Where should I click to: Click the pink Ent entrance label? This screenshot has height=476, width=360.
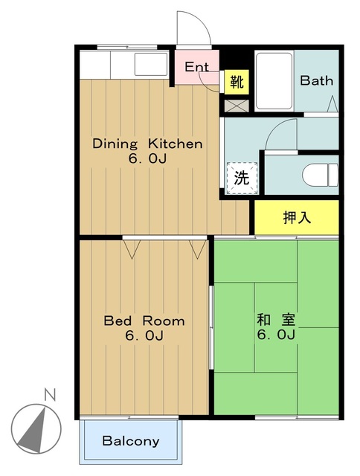click(x=196, y=67)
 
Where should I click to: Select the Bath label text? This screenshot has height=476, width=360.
click(x=317, y=80)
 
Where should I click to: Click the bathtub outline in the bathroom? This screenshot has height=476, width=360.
click(x=274, y=80)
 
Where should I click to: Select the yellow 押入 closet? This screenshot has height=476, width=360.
click(x=297, y=217)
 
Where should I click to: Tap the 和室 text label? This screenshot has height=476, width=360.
click(x=276, y=321)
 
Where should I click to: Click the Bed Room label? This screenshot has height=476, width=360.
click(x=144, y=321)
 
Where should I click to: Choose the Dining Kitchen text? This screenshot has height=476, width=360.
click(x=147, y=144)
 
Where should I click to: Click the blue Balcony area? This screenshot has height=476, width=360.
click(x=131, y=441)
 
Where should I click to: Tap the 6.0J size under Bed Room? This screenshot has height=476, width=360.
click(x=144, y=336)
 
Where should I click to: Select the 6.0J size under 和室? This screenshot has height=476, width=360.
click(x=277, y=335)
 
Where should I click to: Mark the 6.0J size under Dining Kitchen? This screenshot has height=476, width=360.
click(x=147, y=158)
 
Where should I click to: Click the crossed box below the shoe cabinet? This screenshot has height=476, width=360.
click(x=237, y=104)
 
